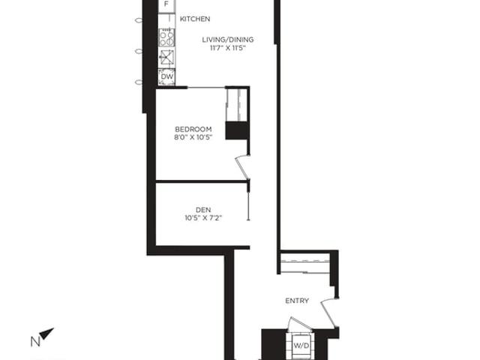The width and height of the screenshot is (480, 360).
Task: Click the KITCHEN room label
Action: click(195, 19)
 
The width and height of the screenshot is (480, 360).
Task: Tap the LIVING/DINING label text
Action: click(228, 40)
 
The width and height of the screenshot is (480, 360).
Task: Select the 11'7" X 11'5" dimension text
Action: click(228, 48)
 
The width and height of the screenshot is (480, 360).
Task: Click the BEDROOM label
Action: click(193, 129)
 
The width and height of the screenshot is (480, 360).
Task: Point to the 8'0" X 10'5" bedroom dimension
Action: click(193, 137)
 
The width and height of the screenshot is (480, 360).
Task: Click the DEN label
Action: click(203, 210)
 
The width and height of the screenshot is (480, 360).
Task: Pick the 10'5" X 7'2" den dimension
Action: click(203, 218)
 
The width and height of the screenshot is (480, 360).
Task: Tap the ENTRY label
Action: click(297, 301)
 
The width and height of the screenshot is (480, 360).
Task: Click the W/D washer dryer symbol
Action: click(301, 346)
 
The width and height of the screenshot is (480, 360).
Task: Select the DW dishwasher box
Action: click(166, 76)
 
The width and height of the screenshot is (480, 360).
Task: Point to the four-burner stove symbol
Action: click(166, 37)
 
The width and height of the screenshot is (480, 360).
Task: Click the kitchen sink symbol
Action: click(166, 57)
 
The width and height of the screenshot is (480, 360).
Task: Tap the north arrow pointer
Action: click(46, 333)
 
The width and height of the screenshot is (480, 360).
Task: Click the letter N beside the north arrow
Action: click(35, 342)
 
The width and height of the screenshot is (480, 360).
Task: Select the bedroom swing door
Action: click(243, 167)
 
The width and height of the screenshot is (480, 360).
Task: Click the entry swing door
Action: click(329, 312)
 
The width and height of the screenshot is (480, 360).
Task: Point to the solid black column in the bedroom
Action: click(237, 130)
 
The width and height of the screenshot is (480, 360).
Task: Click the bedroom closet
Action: click(237, 105)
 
